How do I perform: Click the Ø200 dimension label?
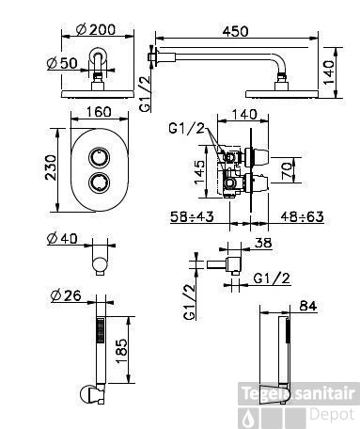click(x=96, y=29)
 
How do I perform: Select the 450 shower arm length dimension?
click(x=235, y=31)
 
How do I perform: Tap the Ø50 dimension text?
click(x=62, y=64)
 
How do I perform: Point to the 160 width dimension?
click(x=99, y=112)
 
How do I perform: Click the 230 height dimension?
click(x=51, y=167)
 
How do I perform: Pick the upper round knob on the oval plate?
click(x=99, y=158)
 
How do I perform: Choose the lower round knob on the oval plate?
click(x=99, y=183)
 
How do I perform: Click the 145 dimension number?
click(x=199, y=173)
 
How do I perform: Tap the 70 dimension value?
click(x=287, y=171)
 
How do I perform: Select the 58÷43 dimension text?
click(x=192, y=216)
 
